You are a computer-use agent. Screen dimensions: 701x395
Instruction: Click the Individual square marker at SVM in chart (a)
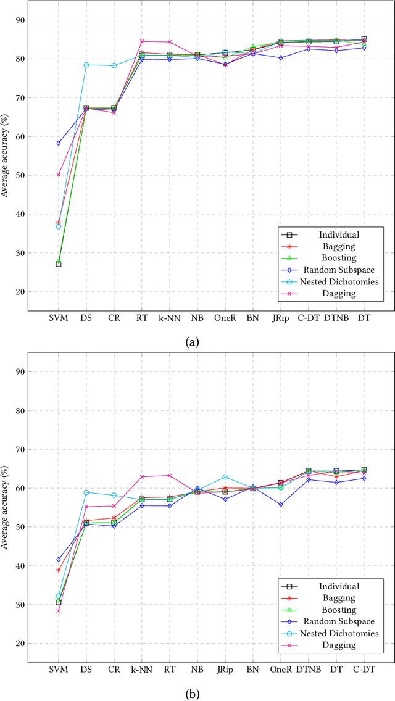[59, 264]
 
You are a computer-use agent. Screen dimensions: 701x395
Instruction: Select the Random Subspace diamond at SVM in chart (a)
[59, 143]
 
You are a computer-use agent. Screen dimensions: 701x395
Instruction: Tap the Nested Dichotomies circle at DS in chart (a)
[86, 65]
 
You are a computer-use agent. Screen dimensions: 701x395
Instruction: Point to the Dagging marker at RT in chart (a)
[142, 41]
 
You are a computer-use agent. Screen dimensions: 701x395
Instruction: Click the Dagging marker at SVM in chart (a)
[59, 175]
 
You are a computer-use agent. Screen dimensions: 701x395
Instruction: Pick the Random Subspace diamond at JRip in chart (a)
[281, 58]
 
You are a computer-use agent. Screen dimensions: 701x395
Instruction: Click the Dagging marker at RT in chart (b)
[170, 475]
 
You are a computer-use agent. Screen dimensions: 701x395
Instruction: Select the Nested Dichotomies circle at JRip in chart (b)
[225, 477]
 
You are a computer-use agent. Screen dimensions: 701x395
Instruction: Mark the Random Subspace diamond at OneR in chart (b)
[281, 505]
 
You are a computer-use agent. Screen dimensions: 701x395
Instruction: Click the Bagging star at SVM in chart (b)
[59, 570]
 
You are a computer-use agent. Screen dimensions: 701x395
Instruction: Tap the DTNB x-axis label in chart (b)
[309, 668]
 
